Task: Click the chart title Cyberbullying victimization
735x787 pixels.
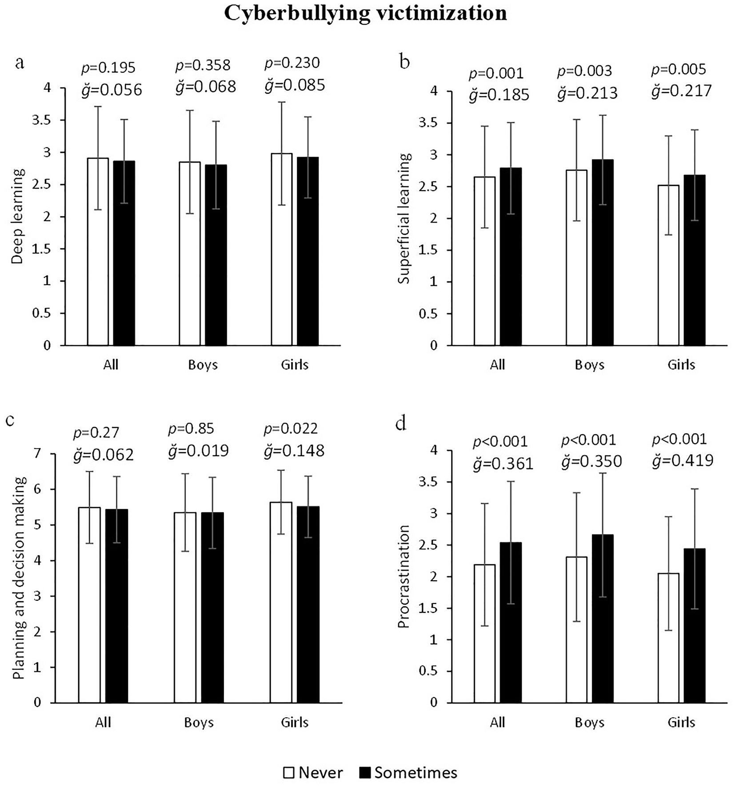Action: [365, 13]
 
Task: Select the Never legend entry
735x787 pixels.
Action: [313, 772]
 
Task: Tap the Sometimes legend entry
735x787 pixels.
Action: [407, 772]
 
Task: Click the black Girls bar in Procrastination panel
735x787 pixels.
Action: [694, 626]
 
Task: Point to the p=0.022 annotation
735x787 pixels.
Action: [291, 428]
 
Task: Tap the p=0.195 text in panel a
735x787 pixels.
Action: [108, 68]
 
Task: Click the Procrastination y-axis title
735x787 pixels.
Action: [403, 577]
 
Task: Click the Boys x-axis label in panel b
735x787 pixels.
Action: [590, 365]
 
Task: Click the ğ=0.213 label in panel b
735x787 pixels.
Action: [587, 93]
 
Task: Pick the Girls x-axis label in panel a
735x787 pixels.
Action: [295, 365]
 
